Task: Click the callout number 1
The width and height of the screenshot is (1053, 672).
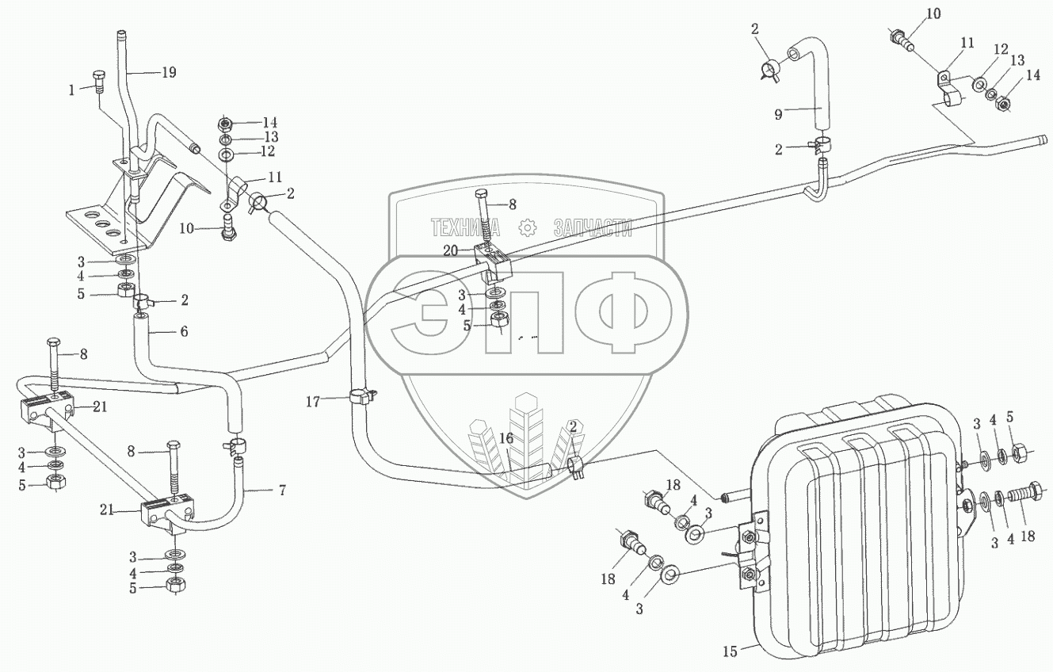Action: tap(72, 90)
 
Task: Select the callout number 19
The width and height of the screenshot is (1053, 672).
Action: tap(167, 72)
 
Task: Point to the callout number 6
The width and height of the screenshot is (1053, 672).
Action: tap(183, 332)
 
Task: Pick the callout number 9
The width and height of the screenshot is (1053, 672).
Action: tap(779, 115)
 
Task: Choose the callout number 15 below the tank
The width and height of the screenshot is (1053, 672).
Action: tap(729, 652)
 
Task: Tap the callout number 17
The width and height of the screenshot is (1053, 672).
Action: tap(314, 402)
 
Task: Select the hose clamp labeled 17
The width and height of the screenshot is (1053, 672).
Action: tap(359, 395)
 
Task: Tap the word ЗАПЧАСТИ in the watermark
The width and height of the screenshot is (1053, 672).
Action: tap(593, 229)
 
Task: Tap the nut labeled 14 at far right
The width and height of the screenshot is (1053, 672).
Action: tap(1003, 103)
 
